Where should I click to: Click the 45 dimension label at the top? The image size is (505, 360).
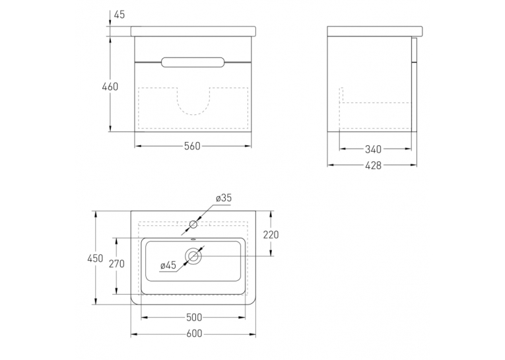tap(119, 15)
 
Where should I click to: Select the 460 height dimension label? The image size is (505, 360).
tap(110, 87)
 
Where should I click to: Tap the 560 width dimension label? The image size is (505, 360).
tap(192, 147)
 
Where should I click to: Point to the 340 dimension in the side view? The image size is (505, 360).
tap(373, 149)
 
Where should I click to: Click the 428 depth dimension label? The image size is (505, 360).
tap(373, 165)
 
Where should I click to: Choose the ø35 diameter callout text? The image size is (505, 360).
tap(224, 198)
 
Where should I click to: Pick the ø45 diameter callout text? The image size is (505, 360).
tap(168, 266)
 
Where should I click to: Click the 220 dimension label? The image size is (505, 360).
tap(271, 235)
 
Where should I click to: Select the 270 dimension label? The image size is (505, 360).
tap(117, 264)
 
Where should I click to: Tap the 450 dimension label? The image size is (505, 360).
tap(95, 258)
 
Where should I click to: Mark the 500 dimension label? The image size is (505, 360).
tap(194, 318)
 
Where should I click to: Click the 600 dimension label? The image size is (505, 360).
tap(194, 334)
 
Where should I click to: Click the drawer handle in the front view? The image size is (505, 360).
tap(193, 62)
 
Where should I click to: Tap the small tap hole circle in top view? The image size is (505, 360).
tap(193, 225)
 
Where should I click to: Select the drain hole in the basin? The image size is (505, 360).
tap(193, 256)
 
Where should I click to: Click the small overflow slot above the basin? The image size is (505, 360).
tap(193, 240)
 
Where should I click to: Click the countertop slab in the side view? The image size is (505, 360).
tap(375, 31)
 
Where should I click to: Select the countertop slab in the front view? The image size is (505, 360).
tap(193, 31)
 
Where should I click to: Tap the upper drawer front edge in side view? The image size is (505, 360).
tap(414, 50)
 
